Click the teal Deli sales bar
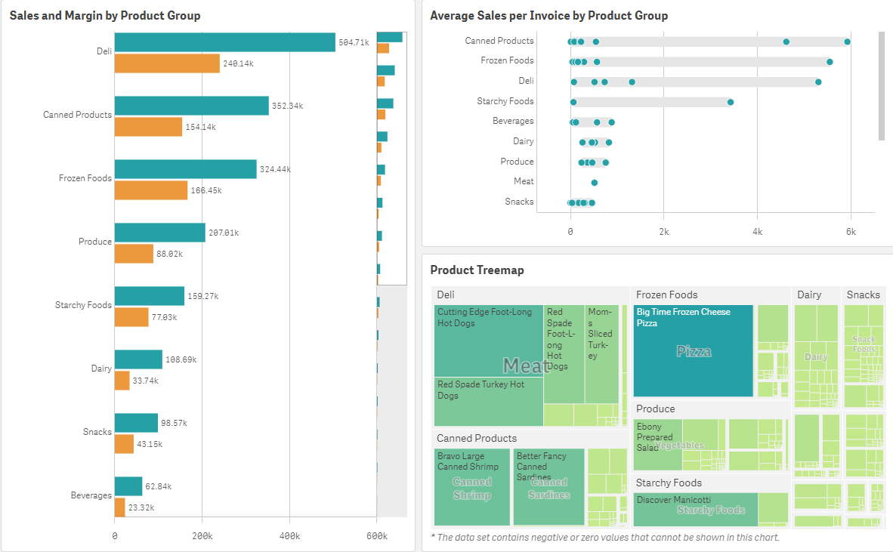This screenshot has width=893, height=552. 224,42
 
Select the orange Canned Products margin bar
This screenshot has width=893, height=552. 148,127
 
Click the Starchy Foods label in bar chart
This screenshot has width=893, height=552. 83,305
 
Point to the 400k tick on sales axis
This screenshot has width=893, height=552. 289,535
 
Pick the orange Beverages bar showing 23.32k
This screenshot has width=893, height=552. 119,507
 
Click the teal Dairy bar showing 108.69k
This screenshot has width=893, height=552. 138,359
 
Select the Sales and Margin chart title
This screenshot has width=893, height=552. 105,15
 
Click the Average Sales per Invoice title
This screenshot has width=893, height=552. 548,15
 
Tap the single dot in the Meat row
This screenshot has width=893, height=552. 594,183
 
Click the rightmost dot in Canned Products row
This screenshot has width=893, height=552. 847,42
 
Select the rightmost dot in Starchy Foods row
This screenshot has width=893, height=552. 730,102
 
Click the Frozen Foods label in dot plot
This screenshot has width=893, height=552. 507,60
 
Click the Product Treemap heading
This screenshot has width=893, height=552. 477,270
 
